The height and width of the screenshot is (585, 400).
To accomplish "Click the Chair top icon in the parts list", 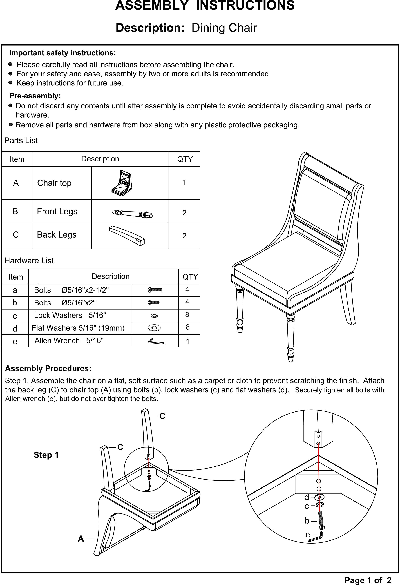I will [x=122, y=183].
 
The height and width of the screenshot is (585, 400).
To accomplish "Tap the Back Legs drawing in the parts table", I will [x=127, y=235].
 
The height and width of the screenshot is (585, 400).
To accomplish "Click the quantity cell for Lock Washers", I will [x=187, y=315].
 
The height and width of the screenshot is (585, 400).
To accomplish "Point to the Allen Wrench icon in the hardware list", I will [x=156, y=341].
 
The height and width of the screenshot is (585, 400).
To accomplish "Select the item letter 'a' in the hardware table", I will [x=15, y=290].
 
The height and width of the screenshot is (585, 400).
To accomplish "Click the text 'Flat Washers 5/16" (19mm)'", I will [x=78, y=328].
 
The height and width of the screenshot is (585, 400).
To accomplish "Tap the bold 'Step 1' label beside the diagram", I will [x=46, y=455].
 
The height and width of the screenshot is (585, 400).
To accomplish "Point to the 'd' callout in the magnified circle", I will [x=307, y=497].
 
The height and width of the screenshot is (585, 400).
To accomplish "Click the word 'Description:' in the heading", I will [x=150, y=28].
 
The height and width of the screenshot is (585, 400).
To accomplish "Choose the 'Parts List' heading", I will [x=21, y=140].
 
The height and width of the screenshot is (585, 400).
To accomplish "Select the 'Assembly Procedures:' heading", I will [x=48, y=369].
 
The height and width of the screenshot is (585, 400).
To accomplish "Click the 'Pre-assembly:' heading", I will [x=35, y=96].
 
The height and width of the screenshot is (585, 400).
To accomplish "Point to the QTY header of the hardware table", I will [x=190, y=277].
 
